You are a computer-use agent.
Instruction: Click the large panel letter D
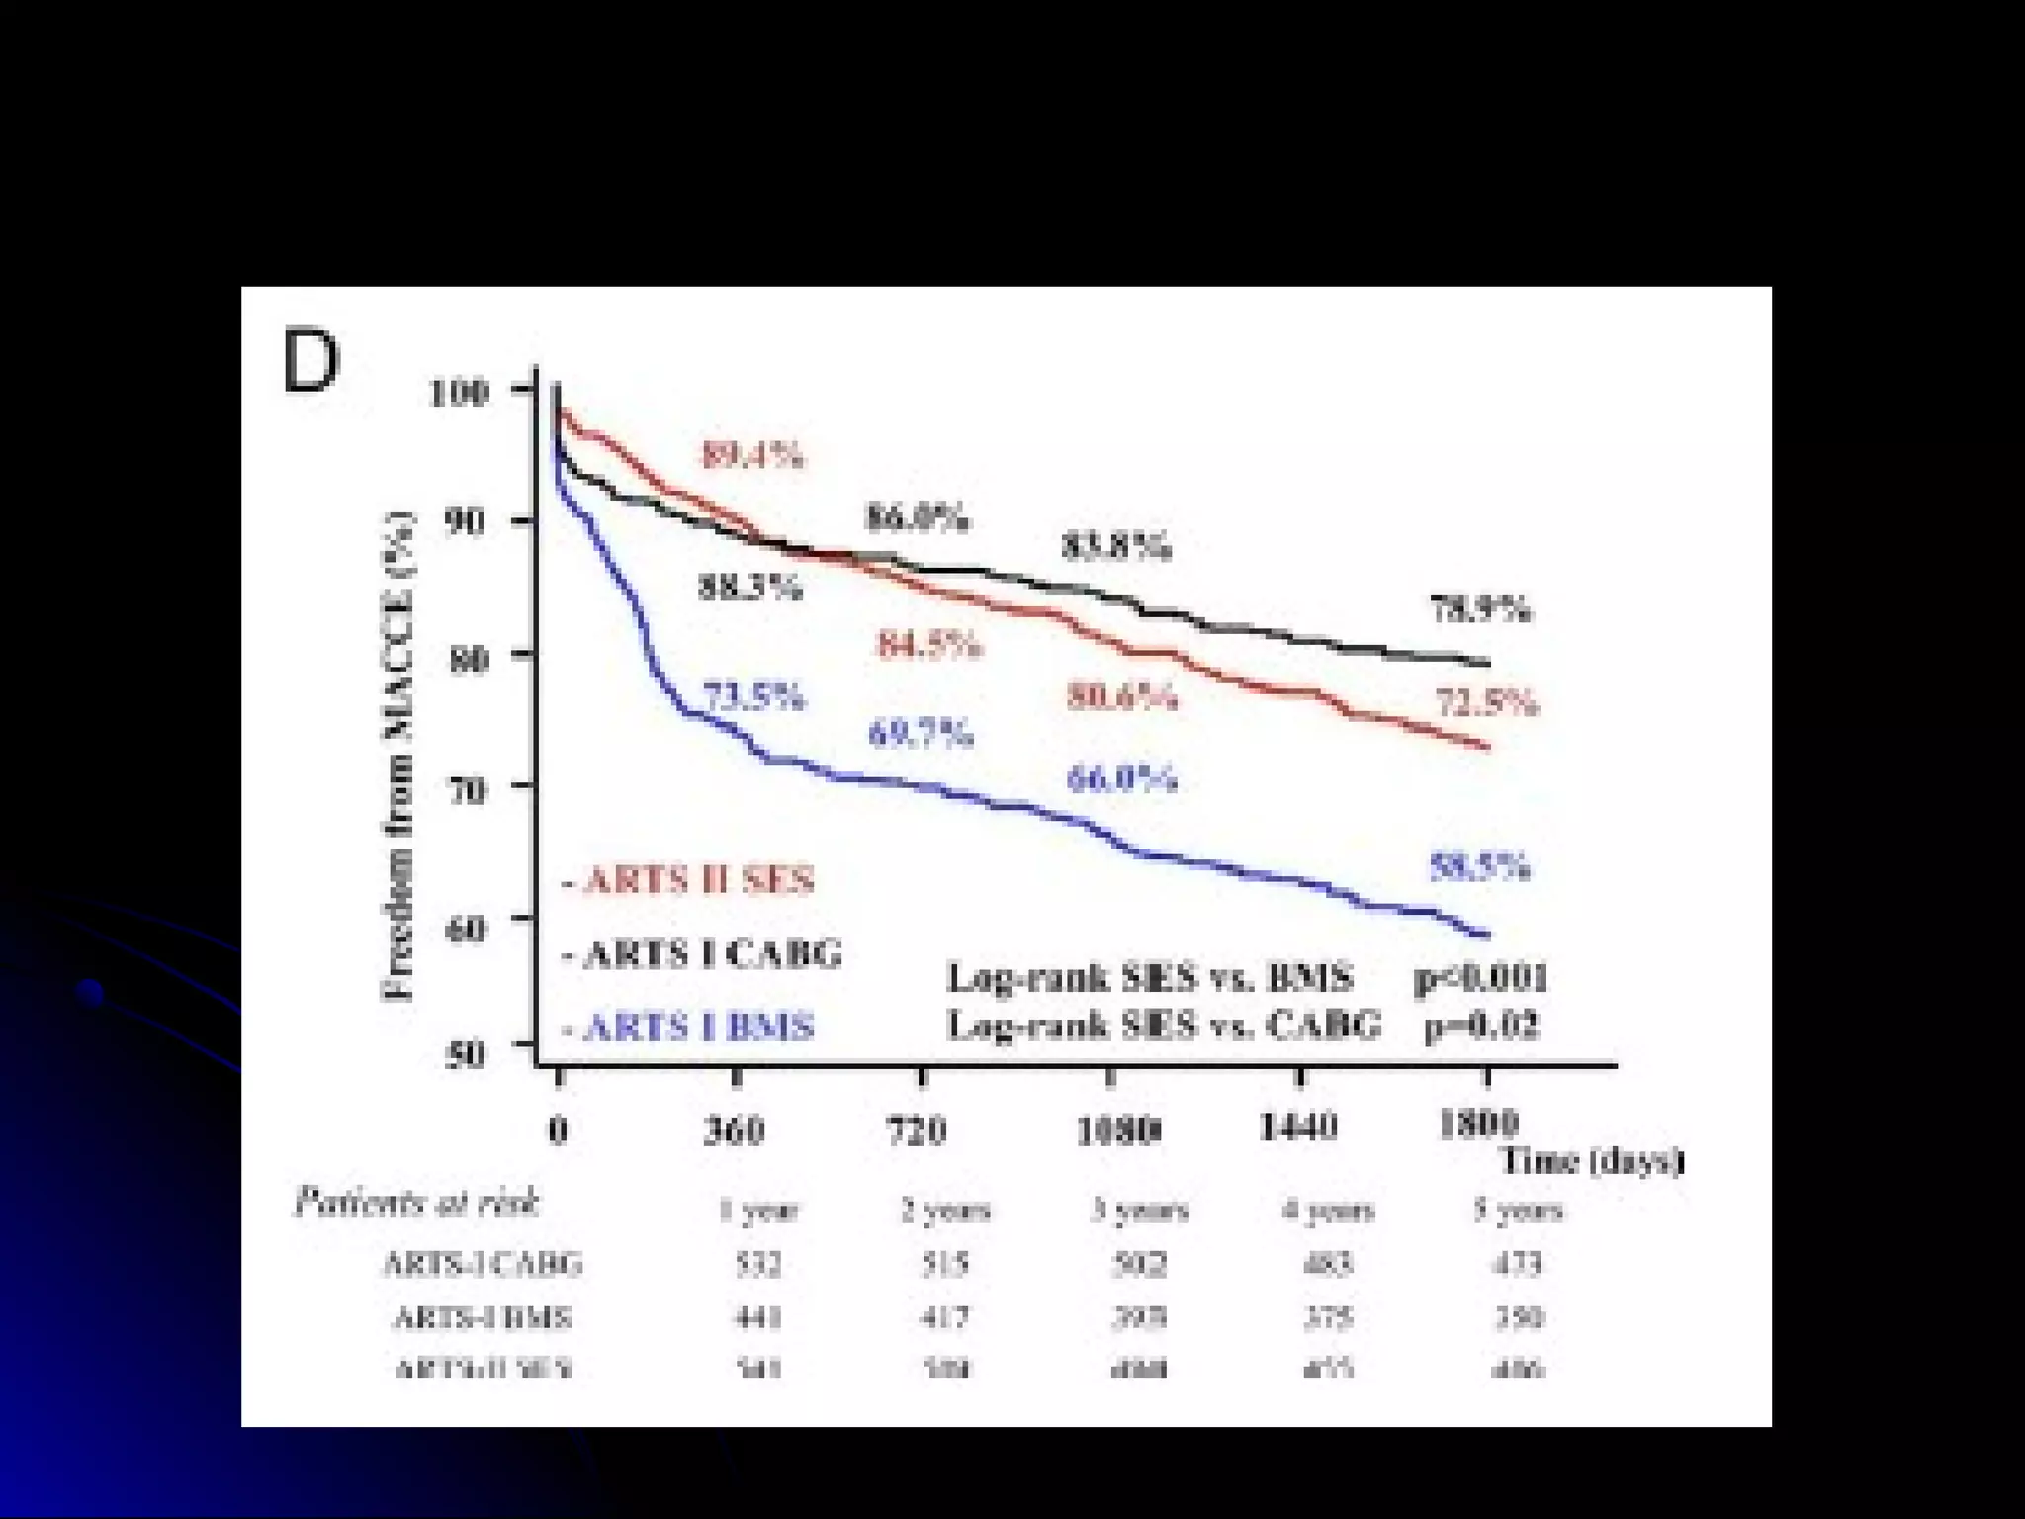click(x=310, y=362)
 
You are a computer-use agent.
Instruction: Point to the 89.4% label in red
click(x=751, y=455)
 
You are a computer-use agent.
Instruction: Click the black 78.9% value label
click(x=1480, y=610)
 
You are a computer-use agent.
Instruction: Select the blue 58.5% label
click(x=1479, y=867)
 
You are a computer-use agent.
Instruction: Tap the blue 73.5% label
click(x=753, y=697)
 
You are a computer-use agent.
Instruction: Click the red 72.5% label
click(x=1486, y=704)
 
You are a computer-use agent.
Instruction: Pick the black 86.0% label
click(x=917, y=518)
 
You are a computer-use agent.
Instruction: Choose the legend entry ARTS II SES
click(x=690, y=879)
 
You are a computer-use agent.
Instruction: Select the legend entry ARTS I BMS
click(x=690, y=1028)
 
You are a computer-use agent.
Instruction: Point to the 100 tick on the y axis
click(x=460, y=393)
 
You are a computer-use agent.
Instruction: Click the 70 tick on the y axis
click(x=467, y=789)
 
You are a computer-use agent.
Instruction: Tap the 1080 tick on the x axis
click(x=1117, y=1129)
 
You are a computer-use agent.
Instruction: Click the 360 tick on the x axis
click(x=735, y=1129)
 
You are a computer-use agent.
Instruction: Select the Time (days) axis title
click(x=1591, y=1161)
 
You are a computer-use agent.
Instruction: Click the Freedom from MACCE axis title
click(x=397, y=756)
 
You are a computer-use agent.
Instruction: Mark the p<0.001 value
click(x=1480, y=979)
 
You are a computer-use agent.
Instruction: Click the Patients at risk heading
click(x=416, y=1203)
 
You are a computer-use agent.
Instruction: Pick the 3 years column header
click(x=1138, y=1210)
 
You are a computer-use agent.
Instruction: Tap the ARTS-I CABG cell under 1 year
click(x=758, y=1264)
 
